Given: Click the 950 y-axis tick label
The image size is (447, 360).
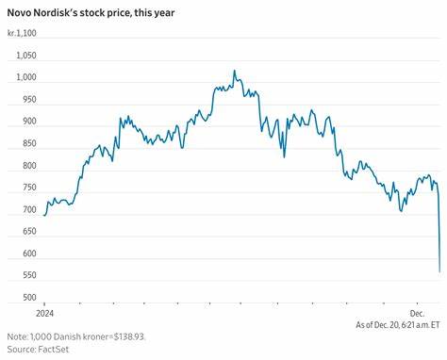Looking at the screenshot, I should pos(28,100).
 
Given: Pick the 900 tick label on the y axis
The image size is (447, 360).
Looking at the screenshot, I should pos(28,122).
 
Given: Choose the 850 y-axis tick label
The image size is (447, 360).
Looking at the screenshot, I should pos(28,144).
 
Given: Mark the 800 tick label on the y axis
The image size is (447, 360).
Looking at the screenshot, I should pos(28,166).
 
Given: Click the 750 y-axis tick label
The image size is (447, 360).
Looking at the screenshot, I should pos(28,188).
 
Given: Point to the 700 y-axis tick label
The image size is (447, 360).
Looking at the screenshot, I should pos(28,210).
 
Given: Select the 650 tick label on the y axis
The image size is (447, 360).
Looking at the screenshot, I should pos(28,233).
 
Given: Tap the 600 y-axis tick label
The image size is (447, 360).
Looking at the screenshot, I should pos(28,254).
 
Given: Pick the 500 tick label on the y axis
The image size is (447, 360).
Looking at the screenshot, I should pos(28,299).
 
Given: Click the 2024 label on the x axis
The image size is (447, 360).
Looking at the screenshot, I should pos(44,312).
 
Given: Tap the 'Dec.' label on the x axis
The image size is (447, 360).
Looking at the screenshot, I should pos(417,312).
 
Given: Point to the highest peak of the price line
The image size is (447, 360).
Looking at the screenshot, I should pos(234,71).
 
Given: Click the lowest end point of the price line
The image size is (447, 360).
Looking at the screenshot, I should pos(439,271).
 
